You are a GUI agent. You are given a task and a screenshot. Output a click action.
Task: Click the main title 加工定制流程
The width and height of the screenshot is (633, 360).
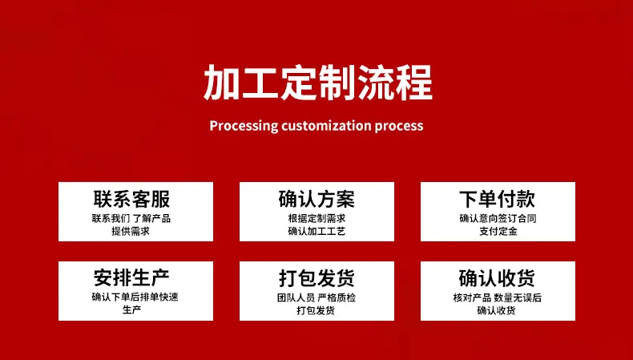pyautogui.click(x=318, y=83)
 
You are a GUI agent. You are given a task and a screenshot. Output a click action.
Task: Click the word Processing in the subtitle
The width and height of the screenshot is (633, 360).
pyautogui.click(x=244, y=126)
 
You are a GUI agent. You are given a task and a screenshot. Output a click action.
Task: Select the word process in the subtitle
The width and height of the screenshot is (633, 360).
pyautogui.click(x=399, y=127)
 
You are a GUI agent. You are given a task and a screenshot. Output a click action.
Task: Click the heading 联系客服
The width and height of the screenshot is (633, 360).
pyautogui.click(x=131, y=199)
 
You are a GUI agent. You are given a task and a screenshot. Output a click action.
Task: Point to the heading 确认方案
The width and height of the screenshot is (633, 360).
pyautogui.click(x=316, y=199)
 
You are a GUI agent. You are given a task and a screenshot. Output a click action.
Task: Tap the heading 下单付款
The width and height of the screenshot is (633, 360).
pyautogui.click(x=497, y=199)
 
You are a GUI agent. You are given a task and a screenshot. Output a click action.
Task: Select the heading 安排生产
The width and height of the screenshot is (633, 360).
pyautogui.click(x=131, y=277)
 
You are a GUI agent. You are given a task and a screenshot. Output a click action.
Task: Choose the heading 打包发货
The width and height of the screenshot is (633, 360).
pyautogui.click(x=316, y=277)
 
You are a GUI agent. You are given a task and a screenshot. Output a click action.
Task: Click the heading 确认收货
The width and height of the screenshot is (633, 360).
pyautogui.click(x=497, y=277)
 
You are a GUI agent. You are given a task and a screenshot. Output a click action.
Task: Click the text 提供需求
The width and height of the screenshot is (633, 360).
pyautogui.click(x=131, y=231)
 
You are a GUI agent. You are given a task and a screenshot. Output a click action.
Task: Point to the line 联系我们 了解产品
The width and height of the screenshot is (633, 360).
pyautogui.click(x=131, y=219)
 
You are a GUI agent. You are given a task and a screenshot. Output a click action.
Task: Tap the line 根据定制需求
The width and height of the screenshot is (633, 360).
pyautogui.click(x=317, y=219)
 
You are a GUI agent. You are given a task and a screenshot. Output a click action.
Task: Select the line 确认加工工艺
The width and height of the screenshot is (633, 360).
pyautogui.click(x=317, y=231)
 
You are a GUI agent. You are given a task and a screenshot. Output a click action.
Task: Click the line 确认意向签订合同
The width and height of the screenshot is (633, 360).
pyautogui.click(x=498, y=219)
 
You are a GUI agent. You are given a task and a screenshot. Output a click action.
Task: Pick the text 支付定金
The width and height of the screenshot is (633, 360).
pyautogui.click(x=498, y=231)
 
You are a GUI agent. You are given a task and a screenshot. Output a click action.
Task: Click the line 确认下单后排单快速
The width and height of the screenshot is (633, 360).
pyautogui.click(x=135, y=297)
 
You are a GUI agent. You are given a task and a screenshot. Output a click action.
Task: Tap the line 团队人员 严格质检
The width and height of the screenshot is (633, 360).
pyautogui.click(x=316, y=297)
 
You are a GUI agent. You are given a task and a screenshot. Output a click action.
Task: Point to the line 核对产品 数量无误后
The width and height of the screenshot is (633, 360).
pyautogui.click(x=498, y=297)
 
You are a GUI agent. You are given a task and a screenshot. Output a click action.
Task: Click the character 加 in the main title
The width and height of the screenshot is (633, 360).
pyautogui.click(x=221, y=83)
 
